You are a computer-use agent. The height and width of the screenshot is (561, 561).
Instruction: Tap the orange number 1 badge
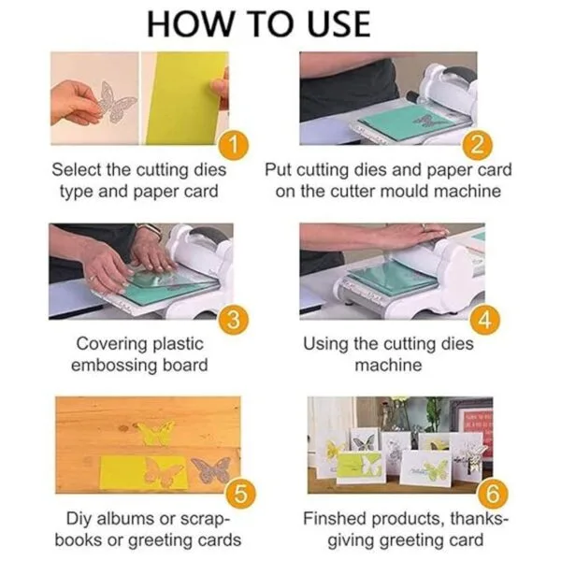click(234, 146)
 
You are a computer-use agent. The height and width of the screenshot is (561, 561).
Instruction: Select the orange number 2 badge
click(477, 146)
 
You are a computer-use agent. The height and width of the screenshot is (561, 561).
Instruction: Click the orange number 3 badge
click(234, 320)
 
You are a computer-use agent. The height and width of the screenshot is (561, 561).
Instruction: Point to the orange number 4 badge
click(484, 320)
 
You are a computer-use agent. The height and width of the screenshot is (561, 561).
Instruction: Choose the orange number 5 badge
click(240, 494)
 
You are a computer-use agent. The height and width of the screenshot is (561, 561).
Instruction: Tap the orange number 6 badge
click(493, 494)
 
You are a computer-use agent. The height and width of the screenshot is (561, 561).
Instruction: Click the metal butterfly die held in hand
click(115, 101)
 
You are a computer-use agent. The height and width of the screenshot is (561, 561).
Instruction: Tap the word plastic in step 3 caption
click(178, 344)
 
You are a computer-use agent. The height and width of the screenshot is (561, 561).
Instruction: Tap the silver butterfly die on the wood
click(211, 469)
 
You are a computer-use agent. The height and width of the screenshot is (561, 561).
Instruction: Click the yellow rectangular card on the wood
click(144, 472)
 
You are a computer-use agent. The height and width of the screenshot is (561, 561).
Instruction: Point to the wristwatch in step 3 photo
click(150, 230)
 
